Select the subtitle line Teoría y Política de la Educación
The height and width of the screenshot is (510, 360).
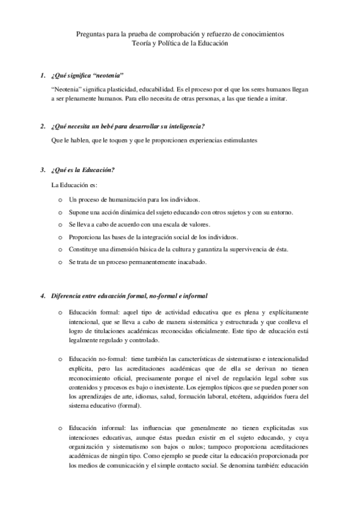[180, 43]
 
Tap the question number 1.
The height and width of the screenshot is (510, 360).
[42, 76]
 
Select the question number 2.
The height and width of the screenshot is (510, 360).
[42, 126]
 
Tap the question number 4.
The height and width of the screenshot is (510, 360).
[42, 296]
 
